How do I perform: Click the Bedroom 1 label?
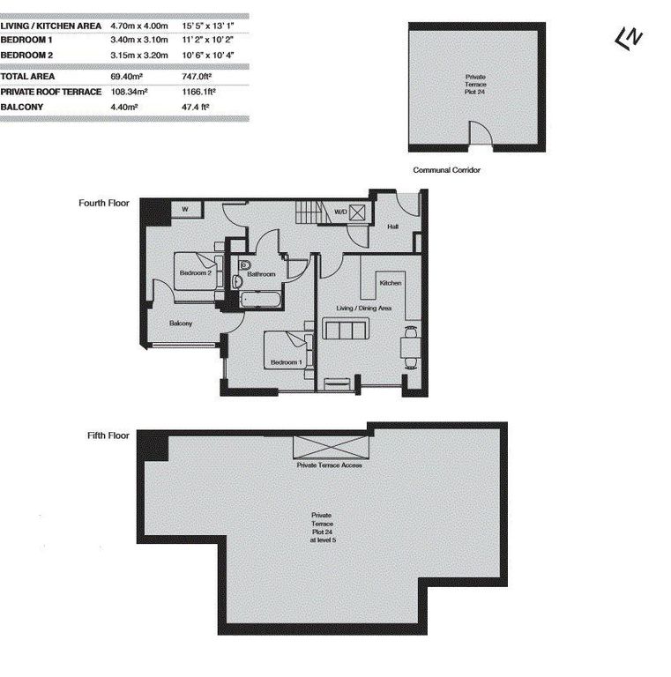coord(286,362)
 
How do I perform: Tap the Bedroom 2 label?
coord(195,272)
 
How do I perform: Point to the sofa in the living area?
coord(347,331)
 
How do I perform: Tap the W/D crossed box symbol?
coord(358,212)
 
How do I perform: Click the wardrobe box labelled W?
coord(185,209)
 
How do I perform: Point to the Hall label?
coord(392,227)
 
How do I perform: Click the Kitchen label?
coord(391,283)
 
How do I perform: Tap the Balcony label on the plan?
coord(181,323)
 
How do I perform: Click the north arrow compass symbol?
coord(629,38)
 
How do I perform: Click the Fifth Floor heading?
coord(108,435)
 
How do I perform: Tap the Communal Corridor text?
coord(446,170)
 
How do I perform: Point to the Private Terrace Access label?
coord(329,465)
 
